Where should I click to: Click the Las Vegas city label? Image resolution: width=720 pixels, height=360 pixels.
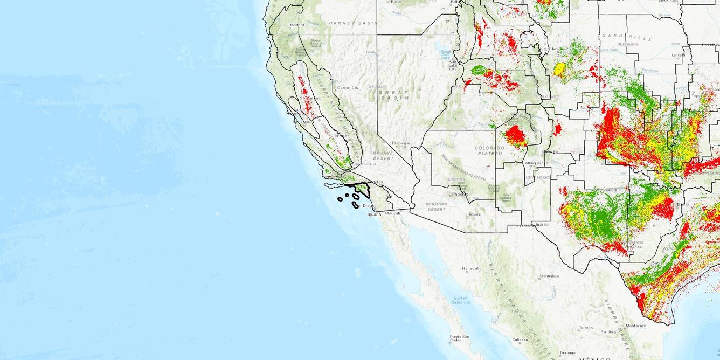coord(401,143)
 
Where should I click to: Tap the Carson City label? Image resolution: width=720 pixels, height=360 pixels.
coord(348,87)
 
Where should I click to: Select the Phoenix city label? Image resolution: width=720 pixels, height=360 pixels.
coord(460,194)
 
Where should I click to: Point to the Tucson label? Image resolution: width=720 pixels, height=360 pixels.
coord(474,214)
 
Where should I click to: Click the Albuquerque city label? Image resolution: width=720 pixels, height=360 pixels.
coord(536,163)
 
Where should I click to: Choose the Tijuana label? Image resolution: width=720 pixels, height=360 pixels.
coord(374,214)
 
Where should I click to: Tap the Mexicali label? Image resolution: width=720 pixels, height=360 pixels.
coord(393,213)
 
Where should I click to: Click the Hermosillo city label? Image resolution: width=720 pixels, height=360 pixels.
coord(472,268)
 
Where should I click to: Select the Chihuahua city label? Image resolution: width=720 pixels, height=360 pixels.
coord(549,276)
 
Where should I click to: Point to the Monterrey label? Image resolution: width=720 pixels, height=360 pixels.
coord(635,326)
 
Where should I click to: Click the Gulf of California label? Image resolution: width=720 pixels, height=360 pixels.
coord(461,300)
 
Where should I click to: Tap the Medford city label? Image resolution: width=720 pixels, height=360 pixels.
coord(297,25)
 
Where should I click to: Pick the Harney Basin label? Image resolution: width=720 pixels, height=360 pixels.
coord(353,23)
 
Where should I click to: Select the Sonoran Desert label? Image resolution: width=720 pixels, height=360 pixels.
coord(436,206)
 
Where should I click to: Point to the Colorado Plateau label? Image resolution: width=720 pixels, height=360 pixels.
coord(489,150)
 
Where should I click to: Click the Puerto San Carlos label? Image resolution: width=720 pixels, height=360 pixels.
coord(459,338)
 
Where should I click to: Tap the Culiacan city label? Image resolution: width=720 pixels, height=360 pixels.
coord(520,340)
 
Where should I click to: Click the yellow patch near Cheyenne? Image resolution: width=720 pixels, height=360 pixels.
coord(559,69)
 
